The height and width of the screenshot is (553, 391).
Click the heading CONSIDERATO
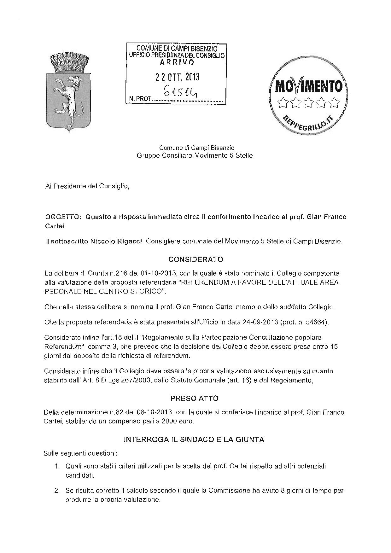coord(195,259)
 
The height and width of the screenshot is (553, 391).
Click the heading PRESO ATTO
coord(194,398)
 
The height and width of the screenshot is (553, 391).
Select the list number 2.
coord(57,491)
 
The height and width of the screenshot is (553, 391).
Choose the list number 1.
coord(57,466)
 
